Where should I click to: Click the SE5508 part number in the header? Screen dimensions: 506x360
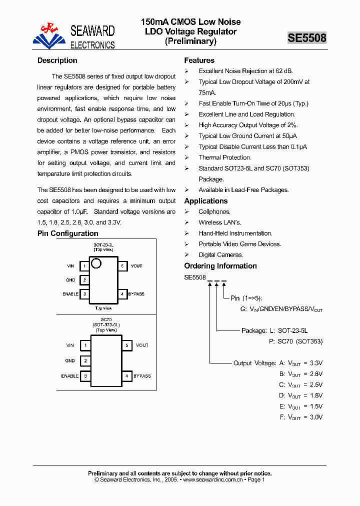click(307, 38)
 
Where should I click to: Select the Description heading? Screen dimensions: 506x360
click(57, 60)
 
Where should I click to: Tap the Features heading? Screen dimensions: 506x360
click(199, 60)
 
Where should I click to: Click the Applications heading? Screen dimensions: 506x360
click(206, 201)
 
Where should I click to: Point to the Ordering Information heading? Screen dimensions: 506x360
click(220, 266)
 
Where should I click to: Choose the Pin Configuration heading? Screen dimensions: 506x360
click(68, 233)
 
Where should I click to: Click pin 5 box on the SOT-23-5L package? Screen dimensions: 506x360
click(122, 266)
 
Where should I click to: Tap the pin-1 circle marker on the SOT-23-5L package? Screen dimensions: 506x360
click(96, 263)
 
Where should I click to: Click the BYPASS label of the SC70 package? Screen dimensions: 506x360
click(142, 376)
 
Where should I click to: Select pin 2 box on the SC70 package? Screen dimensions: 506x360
click(85, 360)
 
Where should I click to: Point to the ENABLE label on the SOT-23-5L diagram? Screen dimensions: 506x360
click(70, 294)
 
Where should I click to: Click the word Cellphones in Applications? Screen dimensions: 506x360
click(214, 212)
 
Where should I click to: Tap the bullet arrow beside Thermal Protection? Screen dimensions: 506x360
click(186, 157)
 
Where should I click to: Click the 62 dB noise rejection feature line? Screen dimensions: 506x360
click(246, 71)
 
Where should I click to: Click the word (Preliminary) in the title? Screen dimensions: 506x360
click(190, 41)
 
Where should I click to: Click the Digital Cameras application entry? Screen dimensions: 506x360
click(220, 255)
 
